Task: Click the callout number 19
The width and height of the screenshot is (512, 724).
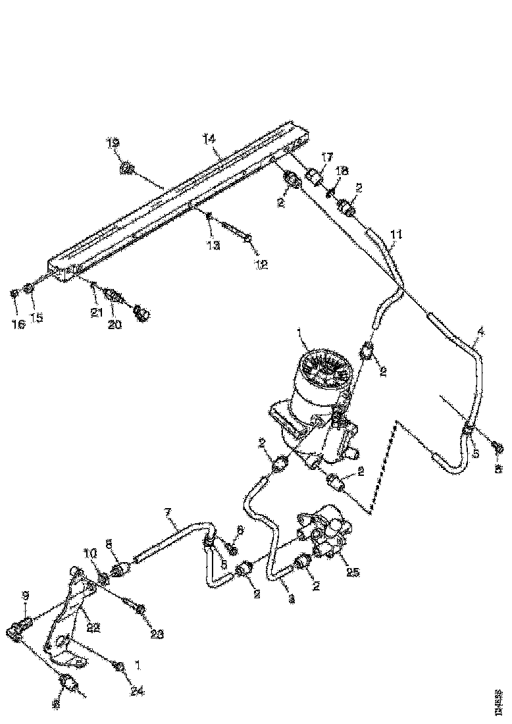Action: (113, 142)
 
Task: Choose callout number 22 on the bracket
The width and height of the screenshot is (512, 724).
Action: (93, 628)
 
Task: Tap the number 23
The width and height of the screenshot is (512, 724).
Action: (156, 634)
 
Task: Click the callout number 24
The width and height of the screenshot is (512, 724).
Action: (138, 691)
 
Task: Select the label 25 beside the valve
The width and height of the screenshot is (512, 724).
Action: (352, 572)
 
